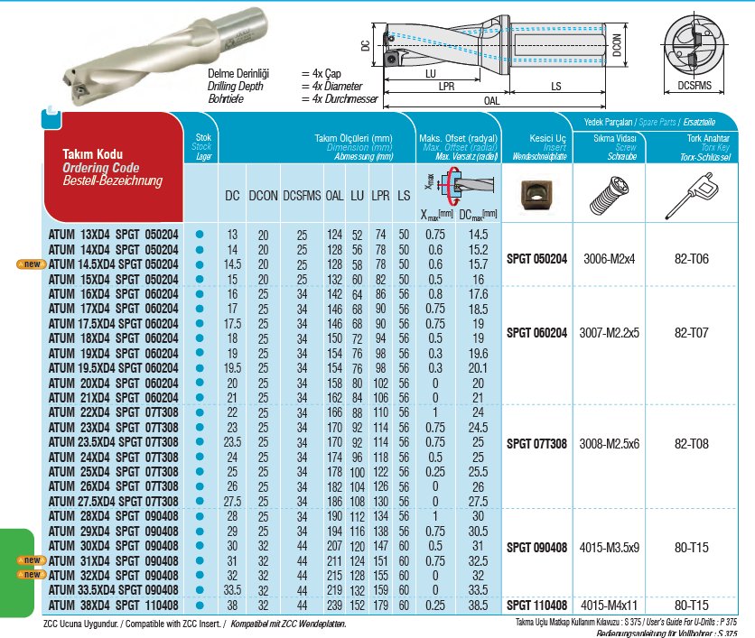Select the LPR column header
click(380, 195)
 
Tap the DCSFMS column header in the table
click(302, 195)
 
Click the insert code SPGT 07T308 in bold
click(537, 443)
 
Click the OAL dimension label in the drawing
click(492, 101)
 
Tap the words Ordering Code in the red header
click(101, 168)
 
